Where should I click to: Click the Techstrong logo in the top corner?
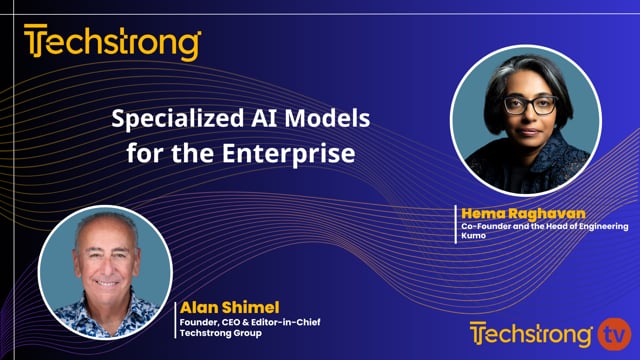[x=112, y=43]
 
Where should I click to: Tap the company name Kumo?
[x=473, y=234]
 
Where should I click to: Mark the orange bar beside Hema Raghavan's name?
[x=456, y=222]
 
